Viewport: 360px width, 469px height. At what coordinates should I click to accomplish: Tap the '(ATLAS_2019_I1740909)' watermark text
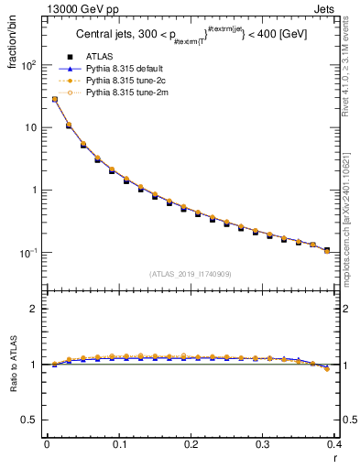point(190,273)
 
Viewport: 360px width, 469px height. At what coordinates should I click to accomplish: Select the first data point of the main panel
point(54,99)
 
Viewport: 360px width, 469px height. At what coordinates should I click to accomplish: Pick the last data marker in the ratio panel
point(327,369)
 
